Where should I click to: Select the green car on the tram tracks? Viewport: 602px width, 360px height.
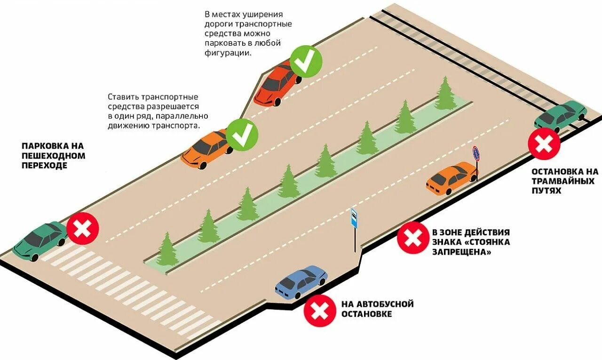(x=560, y=116)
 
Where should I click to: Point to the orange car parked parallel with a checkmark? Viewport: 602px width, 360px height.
(x=206, y=148)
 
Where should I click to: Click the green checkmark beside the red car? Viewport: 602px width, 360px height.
(x=306, y=62)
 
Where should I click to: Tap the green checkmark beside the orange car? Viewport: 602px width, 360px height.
(x=242, y=135)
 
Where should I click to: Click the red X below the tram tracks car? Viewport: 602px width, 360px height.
(x=544, y=144)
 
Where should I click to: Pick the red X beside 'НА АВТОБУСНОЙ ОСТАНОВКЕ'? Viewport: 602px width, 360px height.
(x=320, y=310)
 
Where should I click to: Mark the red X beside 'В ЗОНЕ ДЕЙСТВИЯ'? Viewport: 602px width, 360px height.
(x=413, y=238)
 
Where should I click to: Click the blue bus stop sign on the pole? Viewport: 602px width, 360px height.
(x=354, y=218)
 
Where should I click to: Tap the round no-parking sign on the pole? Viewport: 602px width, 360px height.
(x=476, y=154)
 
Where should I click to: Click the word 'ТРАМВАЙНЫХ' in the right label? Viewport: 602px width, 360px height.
(x=563, y=181)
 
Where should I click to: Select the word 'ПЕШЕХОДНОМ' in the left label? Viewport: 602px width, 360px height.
(x=53, y=156)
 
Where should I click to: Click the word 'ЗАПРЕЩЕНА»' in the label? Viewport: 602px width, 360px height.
(x=462, y=252)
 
